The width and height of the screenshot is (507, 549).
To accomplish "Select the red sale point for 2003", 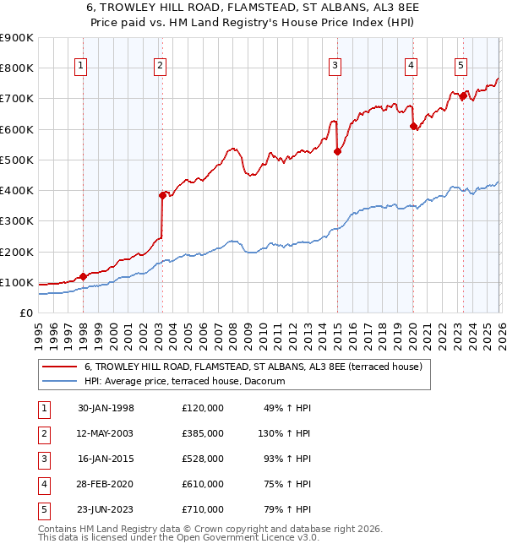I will pyautogui.click(x=162, y=195).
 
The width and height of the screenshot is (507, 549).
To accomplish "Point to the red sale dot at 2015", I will pyautogui.click(x=337, y=152).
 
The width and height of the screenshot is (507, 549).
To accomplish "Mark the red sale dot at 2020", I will pyautogui.click(x=413, y=127).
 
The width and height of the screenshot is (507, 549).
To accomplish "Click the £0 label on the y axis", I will pyautogui.click(x=25, y=313).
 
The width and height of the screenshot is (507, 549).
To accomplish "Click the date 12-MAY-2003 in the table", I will pyautogui.click(x=106, y=433).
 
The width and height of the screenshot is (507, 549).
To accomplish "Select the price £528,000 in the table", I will pyautogui.click(x=202, y=459).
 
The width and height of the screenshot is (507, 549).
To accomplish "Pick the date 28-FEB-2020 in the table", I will pyautogui.click(x=106, y=484).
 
